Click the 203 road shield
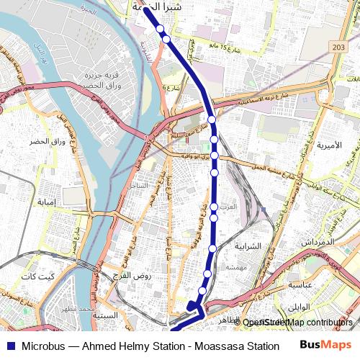[x=339, y=47]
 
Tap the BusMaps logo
[x=325, y=346]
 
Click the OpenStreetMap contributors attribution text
[x=297, y=323]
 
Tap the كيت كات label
[x=37, y=276]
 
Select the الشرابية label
[x=252, y=246]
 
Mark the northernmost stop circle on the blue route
[x=160, y=30]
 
